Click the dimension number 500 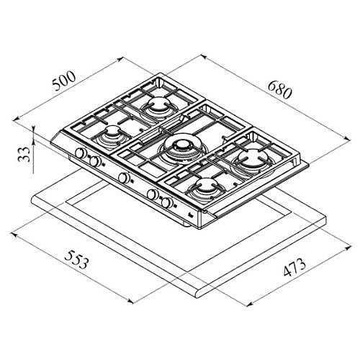click(64, 81)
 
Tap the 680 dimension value click(279, 90)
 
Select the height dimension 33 click(24, 154)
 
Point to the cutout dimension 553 click(76, 259)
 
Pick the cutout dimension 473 click(294, 266)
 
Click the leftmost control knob click(80, 153)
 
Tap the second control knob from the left click(95, 161)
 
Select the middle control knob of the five click(124, 178)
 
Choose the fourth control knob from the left click(153, 194)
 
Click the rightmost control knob click(167, 203)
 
